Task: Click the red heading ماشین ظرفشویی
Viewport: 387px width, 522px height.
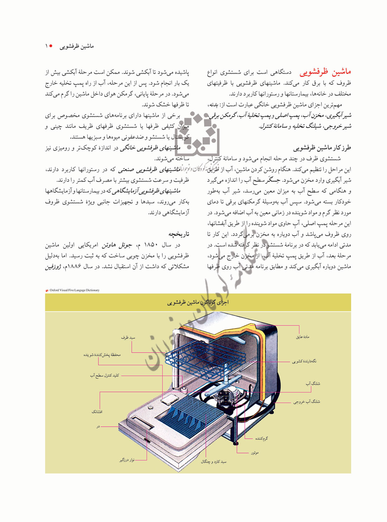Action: pos(325,72)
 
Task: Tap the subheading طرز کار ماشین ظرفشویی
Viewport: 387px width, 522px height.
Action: pos(322,148)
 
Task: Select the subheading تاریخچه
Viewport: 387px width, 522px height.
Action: pos(179,234)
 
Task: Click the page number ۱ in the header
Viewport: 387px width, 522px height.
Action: pos(47,46)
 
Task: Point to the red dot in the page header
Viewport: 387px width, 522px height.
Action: pos(51,46)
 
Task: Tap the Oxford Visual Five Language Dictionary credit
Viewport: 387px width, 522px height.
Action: pos(74,290)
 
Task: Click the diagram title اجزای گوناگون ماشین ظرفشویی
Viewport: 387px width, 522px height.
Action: pos(198,302)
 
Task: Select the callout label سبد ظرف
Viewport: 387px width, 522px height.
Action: pos(128,337)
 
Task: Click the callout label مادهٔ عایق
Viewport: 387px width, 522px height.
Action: pos(302,337)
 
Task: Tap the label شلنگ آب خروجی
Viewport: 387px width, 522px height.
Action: pos(306,402)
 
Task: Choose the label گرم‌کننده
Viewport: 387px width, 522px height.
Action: pos(261,438)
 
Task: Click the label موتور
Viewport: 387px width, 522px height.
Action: pos(254,453)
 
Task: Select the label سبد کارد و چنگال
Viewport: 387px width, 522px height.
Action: pos(214,462)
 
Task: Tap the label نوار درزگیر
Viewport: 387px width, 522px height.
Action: pos(127,460)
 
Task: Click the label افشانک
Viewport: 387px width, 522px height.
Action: pos(97,412)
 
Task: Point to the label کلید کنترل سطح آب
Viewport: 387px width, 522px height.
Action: pos(104,375)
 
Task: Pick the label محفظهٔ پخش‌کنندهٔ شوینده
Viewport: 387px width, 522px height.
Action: pos(102,355)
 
